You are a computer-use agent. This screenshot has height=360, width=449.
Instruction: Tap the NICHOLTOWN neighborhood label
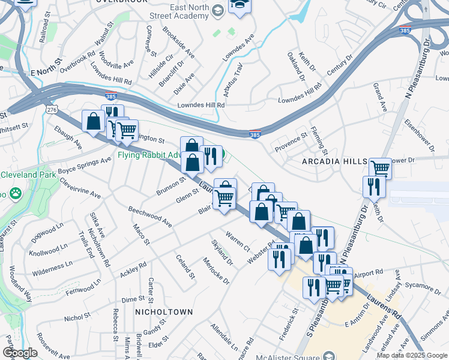tap(164, 312)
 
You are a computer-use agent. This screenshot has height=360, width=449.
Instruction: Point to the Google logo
tap(20, 353)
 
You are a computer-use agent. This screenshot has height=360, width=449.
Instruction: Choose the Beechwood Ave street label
tap(150, 217)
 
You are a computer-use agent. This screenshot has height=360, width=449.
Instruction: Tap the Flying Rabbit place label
tap(149, 155)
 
